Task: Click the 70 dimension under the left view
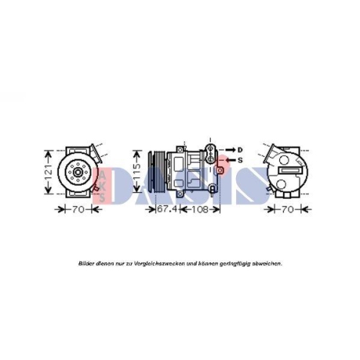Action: [x=78, y=210]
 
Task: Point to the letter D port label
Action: [x=240, y=149]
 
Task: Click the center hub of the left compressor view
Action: [x=74, y=172]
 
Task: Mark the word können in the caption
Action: [x=201, y=264]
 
